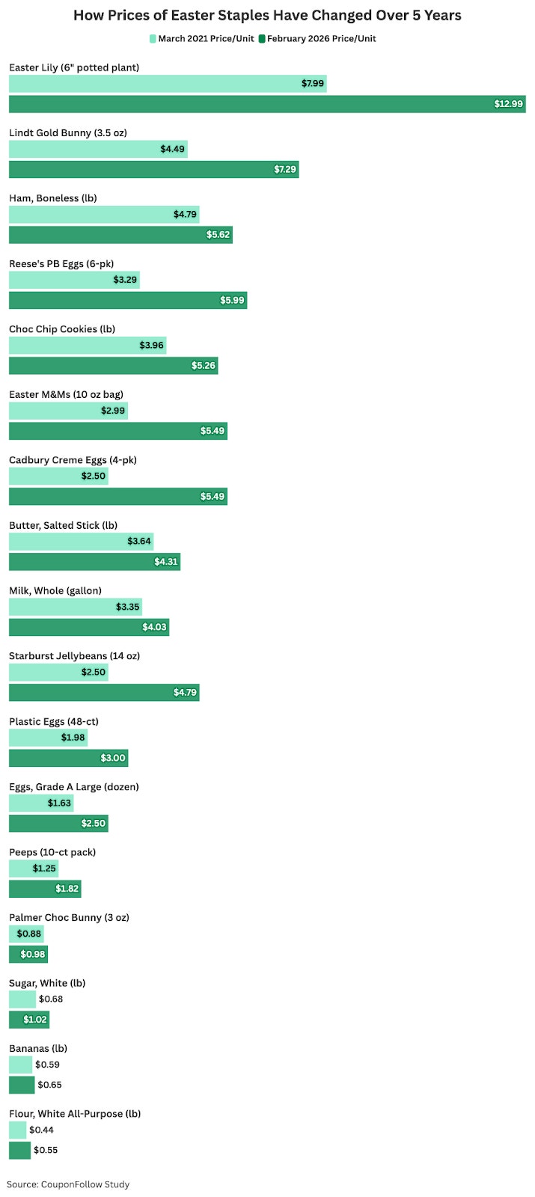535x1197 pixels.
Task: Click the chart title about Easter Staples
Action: click(267, 15)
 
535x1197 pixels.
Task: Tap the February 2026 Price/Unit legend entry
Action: click(317, 38)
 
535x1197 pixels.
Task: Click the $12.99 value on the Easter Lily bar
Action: click(508, 104)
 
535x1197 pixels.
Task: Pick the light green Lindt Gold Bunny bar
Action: click(98, 149)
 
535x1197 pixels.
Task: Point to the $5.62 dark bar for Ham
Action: click(120, 235)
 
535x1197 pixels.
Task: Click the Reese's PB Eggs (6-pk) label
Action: click(61, 263)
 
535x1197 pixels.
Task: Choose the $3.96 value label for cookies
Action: click(151, 345)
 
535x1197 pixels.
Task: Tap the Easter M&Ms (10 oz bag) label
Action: click(67, 394)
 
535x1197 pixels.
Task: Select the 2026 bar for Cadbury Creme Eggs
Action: click(118, 497)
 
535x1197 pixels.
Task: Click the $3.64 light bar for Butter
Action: click(82, 542)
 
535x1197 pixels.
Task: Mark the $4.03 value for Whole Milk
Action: click(154, 627)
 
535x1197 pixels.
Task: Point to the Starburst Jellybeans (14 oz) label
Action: click(74, 655)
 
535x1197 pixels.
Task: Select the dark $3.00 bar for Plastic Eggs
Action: click(68, 758)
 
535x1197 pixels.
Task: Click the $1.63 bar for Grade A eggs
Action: click(41, 803)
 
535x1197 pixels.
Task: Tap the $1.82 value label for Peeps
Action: click(67, 889)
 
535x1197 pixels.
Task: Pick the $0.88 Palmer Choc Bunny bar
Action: click(26, 934)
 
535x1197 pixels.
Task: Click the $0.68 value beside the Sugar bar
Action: click(51, 999)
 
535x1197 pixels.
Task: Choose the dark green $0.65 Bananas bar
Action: click(22, 1085)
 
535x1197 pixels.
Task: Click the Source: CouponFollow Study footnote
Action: click(68, 1184)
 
